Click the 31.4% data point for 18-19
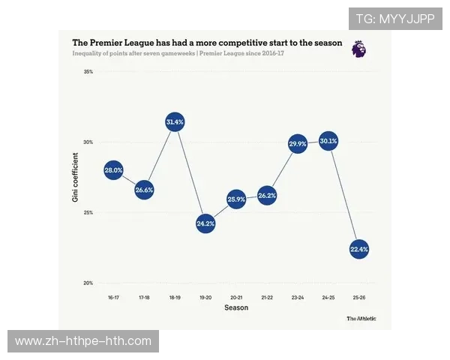(x=175, y=121)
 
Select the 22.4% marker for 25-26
(x=359, y=249)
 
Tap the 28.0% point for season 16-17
(x=113, y=170)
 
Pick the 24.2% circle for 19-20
(x=205, y=223)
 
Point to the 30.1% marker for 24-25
(x=328, y=140)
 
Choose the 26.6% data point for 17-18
(x=144, y=190)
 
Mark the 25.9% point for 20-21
(x=236, y=199)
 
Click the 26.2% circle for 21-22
(x=267, y=196)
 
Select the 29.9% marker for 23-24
(x=298, y=143)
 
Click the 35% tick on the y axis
(x=88, y=72)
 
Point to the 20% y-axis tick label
(x=88, y=283)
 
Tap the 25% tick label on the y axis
(x=88, y=212)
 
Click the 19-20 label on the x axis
(x=205, y=298)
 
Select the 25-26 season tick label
(x=359, y=298)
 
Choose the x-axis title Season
(x=236, y=307)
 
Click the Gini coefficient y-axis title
(x=75, y=178)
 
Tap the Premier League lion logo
(x=359, y=49)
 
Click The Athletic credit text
(x=361, y=318)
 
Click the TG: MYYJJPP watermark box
(x=395, y=19)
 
